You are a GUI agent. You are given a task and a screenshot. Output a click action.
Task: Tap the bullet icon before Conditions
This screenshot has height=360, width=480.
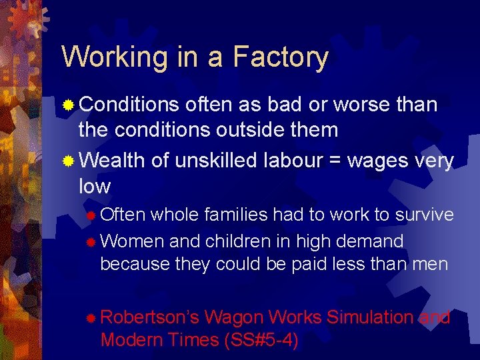click(x=68, y=105)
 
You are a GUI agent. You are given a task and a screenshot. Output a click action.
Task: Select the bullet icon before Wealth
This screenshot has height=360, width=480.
click(x=68, y=162)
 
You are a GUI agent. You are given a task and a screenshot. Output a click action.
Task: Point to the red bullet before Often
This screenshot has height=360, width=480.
click(x=91, y=215)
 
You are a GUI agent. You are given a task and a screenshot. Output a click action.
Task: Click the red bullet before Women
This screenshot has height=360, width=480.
click(x=91, y=241)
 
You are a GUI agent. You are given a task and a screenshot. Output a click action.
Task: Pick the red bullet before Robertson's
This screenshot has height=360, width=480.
click(x=91, y=317)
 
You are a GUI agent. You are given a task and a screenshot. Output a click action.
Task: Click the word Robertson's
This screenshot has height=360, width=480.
click(x=149, y=317)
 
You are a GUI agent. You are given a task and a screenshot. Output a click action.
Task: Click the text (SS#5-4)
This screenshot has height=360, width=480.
click(x=261, y=340)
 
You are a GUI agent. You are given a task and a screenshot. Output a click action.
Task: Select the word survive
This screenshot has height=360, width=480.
click(x=424, y=215)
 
